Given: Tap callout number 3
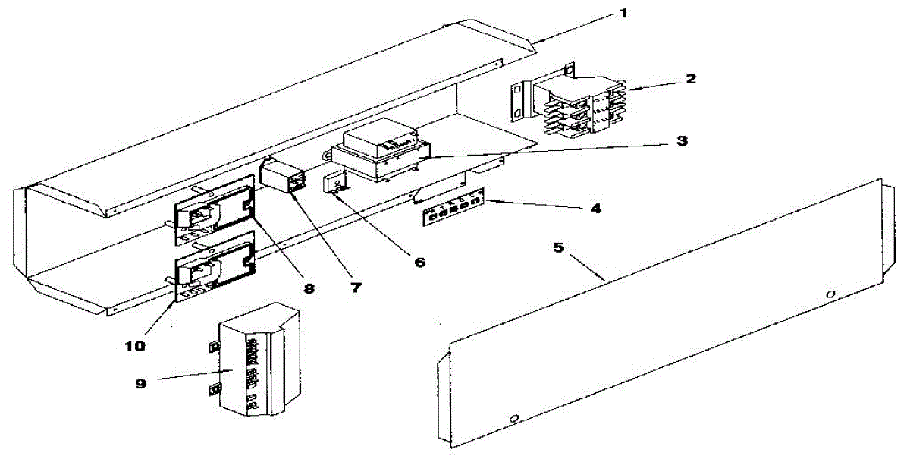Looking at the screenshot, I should click(682, 141).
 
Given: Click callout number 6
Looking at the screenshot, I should click(419, 263).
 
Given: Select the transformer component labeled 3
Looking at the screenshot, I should click(379, 156).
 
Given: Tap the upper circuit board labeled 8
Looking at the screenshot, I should click(214, 209).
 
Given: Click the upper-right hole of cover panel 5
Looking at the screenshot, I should click(831, 293).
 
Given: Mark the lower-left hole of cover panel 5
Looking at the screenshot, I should click(515, 417).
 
